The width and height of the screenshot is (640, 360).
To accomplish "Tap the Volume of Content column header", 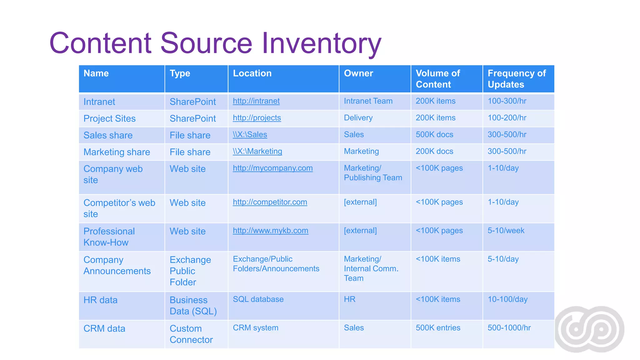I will tap(437, 79).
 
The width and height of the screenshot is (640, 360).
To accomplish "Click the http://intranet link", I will tap(256, 101).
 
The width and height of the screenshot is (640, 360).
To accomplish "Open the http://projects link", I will tap(257, 118).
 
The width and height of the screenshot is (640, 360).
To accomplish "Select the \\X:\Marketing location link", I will tap(257, 152).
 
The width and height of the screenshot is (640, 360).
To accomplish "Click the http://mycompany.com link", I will tap(272, 168).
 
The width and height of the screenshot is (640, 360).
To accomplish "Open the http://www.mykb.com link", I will tap(270, 231).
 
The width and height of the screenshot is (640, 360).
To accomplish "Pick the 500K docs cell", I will tap(434, 135).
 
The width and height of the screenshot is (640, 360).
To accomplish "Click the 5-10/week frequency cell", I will tap(506, 231).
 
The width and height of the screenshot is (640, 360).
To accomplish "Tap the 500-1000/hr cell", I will tap(509, 328).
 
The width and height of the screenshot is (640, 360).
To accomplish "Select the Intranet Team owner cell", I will tap(368, 101).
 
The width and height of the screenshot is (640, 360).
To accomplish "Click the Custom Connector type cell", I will tap(191, 334).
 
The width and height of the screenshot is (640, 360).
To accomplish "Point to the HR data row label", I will tap(100, 300).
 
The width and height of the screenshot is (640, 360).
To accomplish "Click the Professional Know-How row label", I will tap(109, 237).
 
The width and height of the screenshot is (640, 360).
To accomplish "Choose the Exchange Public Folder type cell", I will tap(190, 271).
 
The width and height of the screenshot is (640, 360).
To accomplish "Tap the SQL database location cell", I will tap(258, 299).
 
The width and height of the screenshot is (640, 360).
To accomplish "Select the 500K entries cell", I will tap(437, 328).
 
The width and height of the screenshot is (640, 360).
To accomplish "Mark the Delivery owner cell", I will tap(358, 118).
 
